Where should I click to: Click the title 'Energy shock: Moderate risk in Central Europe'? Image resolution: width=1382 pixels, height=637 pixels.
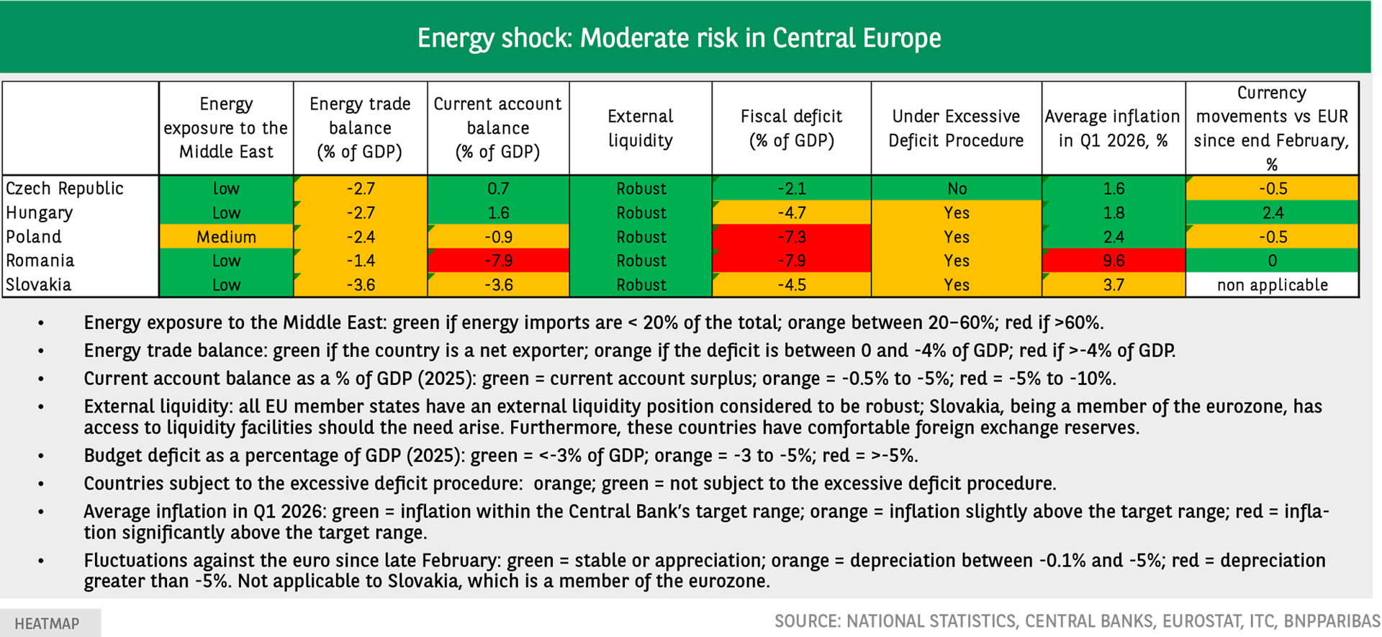tap(679, 38)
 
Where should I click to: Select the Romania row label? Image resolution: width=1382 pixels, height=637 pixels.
tap(40, 261)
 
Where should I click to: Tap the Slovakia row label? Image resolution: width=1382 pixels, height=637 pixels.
tap(39, 284)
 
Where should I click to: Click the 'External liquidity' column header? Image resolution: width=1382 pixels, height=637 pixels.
tap(641, 128)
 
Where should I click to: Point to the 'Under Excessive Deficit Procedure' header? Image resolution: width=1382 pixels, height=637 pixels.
tap(956, 128)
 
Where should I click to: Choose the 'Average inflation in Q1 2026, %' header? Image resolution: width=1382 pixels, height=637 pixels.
tap(1113, 128)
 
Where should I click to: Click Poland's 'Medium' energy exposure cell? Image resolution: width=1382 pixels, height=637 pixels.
tap(226, 237)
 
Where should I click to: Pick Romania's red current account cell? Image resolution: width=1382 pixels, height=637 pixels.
tap(498, 261)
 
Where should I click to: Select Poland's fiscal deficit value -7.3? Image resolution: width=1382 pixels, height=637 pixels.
tap(791, 237)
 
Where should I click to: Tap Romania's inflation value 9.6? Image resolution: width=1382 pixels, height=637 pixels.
tap(1114, 261)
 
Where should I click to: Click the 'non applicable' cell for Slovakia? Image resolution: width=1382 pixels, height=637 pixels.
tap(1272, 285)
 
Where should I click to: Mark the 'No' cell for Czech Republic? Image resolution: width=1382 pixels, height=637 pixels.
tap(957, 189)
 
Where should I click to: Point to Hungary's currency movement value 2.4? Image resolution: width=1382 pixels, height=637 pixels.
tap(1273, 213)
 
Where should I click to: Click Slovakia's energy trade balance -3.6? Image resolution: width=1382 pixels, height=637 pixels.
tap(361, 285)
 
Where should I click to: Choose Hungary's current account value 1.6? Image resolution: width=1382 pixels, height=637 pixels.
tap(498, 213)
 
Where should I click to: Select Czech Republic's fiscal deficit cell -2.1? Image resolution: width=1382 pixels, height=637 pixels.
tap(791, 189)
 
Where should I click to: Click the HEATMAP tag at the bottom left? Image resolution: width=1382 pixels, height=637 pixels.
tap(48, 623)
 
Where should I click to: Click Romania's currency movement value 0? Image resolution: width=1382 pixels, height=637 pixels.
tap(1273, 261)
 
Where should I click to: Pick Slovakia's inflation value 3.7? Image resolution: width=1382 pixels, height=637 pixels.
tap(1114, 285)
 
